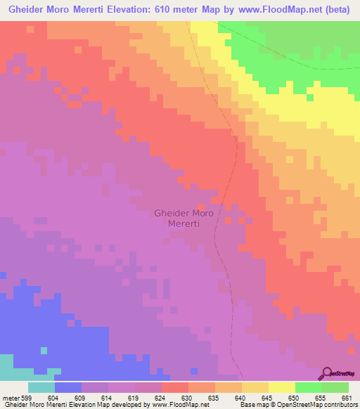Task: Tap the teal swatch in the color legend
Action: tap(41, 387)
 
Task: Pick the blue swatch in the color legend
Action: tap(68, 387)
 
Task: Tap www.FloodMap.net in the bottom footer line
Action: tap(179, 405)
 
